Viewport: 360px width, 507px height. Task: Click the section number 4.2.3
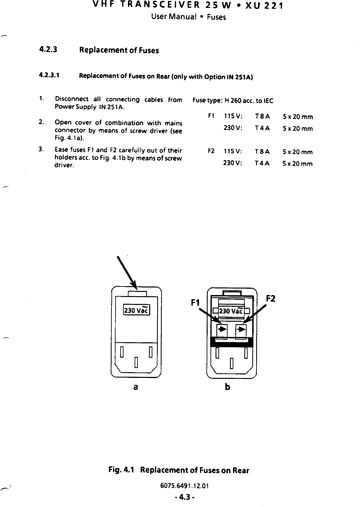tap(48, 50)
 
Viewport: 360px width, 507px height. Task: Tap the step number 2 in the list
tap(41, 122)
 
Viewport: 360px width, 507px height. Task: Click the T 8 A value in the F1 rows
tap(262, 116)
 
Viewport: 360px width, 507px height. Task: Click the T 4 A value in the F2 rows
tap(262, 163)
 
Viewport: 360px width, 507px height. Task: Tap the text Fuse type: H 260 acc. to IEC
tap(233, 101)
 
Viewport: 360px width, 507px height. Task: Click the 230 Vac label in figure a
tap(136, 310)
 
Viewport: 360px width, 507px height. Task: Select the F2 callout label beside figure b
tap(270, 299)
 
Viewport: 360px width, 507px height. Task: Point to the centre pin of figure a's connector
tap(136, 362)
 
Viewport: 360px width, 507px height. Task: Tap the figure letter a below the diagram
tap(136, 387)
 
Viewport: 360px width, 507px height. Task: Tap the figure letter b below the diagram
tap(227, 387)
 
